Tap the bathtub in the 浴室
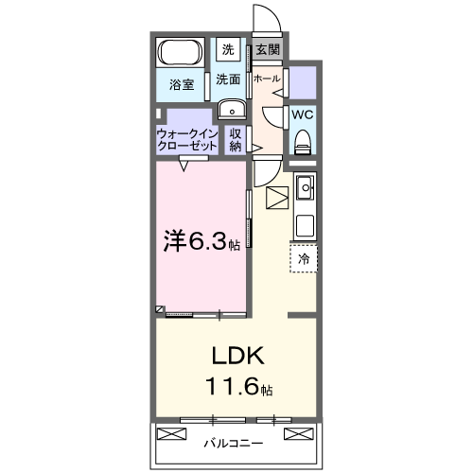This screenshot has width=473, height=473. pyautogui.click(x=179, y=52)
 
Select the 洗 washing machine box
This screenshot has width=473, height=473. pyautogui.click(x=228, y=49)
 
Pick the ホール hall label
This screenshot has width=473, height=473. pyautogui.click(x=267, y=79)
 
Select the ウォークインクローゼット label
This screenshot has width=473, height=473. pyautogui.click(x=187, y=140)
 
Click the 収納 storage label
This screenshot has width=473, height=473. pyautogui.click(x=236, y=140)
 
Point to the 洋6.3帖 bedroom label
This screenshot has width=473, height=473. pyautogui.click(x=201, y=241)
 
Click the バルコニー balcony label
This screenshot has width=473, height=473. pyautogui.click(x=233, y=441)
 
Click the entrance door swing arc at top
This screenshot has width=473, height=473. pyautogui.click(x=265, y=21)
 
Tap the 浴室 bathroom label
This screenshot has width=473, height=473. pyautogui.click(x=182, y=85)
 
